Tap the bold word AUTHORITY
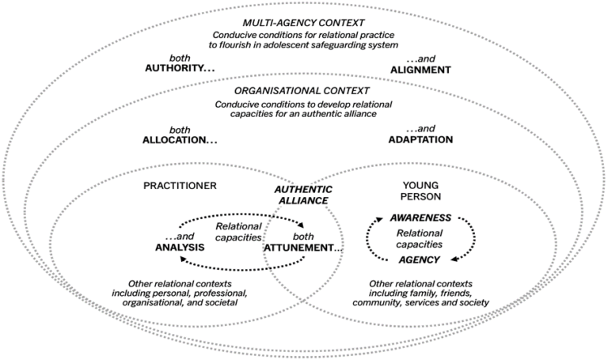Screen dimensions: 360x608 (179, 69)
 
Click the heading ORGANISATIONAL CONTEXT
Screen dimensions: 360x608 (304, 92)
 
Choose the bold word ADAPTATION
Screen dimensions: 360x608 (420, 139)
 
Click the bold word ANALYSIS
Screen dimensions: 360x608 (180, 247)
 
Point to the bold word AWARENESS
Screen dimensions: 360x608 (420, 217)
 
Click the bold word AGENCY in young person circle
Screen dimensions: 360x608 (420, 259)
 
